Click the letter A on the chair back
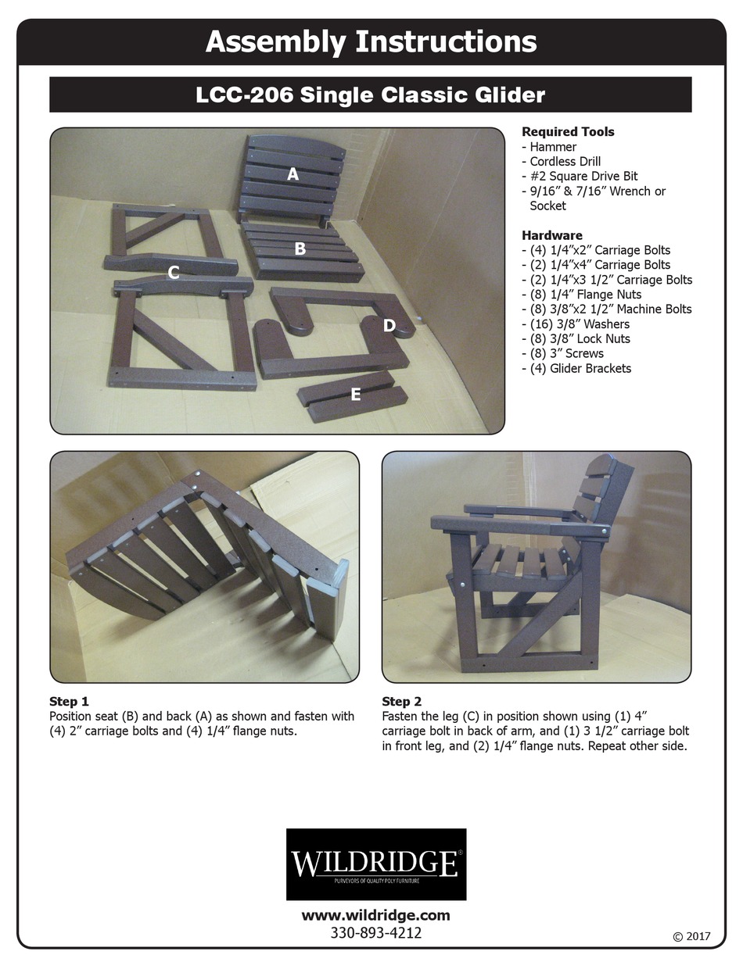click(293, 174)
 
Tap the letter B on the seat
click(300, 249)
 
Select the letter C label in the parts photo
click(174, 272)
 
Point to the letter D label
click(389, 325)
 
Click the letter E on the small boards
click(355, 395)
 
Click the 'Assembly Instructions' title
click(371, 41)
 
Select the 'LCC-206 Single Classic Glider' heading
click(370, 95)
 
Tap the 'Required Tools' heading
click(568, 132)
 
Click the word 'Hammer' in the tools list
click(553, 147)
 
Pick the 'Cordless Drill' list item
click(565, 162)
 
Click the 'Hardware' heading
click(552, 235)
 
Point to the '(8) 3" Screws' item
click(566, 353)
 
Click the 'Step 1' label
click(69, 701)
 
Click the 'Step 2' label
click(401, 701)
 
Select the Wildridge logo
click(376, 864)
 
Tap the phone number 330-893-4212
click(376, 933)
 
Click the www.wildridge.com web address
click(376, 915)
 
